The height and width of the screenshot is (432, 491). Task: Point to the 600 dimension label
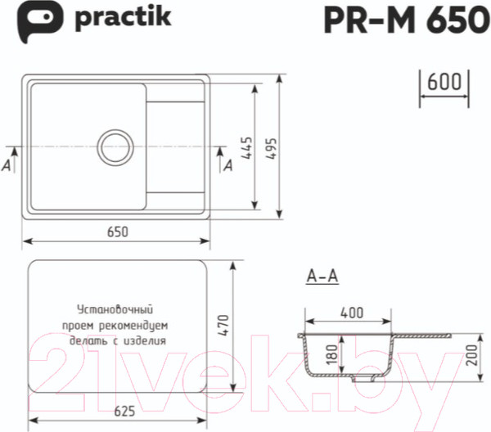click(x=444, y=83)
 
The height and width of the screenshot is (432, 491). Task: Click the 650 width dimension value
click(x=117, y=232)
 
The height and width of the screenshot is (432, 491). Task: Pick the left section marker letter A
click(x=7, y=165)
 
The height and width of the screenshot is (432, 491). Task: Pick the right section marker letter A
click(x=228, y=165)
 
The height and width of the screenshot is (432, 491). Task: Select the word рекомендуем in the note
click(x=137, y=326)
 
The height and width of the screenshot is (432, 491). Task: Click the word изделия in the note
click(x=146, y=341)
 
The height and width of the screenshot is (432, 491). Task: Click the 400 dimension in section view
click(x=351, y=313)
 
